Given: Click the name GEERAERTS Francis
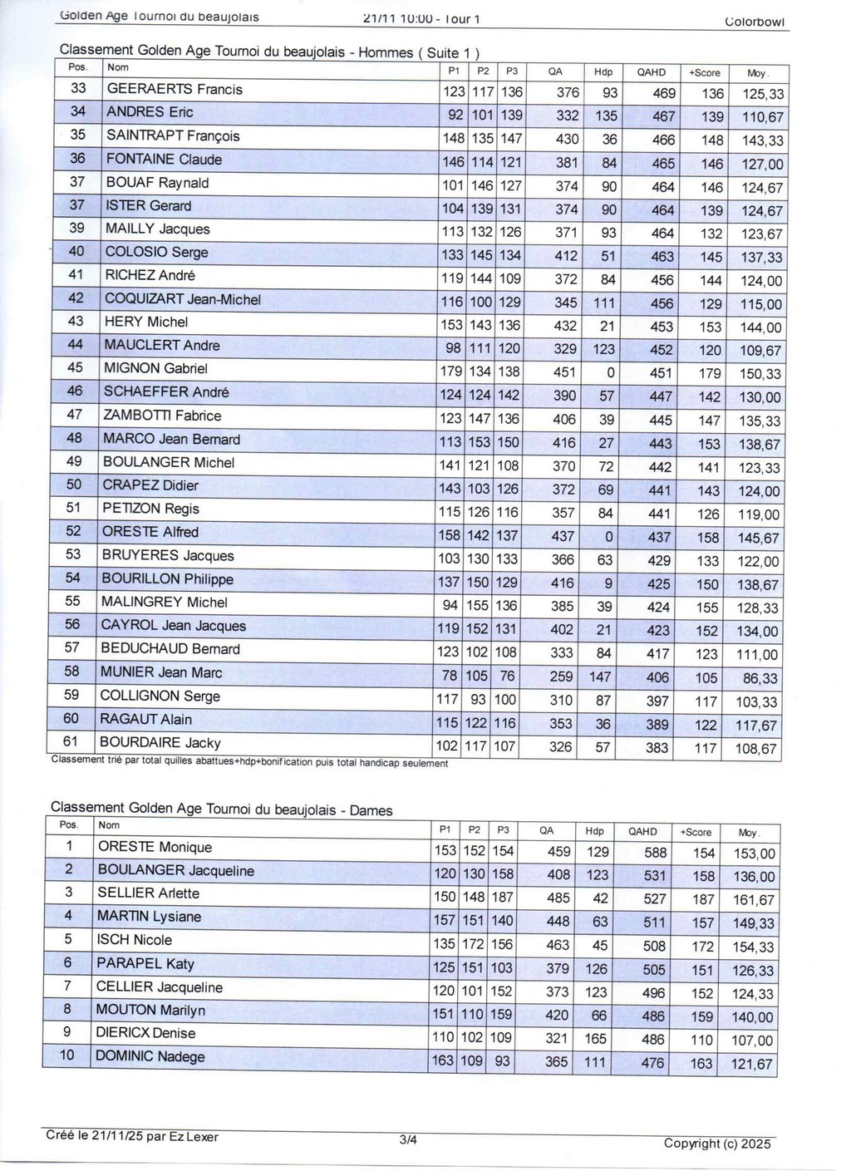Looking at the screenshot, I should (175, 89).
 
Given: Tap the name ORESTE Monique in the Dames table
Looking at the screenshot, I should (155, 847).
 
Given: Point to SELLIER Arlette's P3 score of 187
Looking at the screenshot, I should (502, 898).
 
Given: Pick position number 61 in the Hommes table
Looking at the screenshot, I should (71, 741).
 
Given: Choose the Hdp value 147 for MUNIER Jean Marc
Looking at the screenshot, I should (599, 677).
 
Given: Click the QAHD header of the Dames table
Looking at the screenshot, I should (642, 831).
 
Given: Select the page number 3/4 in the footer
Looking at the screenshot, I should (408, 1140).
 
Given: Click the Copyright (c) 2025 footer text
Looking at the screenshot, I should (717, 1143).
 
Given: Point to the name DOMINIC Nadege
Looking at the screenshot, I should (150, 1056).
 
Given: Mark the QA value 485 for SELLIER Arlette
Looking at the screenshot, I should (558, 898).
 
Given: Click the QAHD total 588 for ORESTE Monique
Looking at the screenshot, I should (655, 852).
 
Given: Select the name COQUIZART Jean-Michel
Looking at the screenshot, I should (183, 299).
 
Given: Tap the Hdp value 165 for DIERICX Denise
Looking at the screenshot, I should (595, 1038).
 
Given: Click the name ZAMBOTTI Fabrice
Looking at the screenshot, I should (162, 416).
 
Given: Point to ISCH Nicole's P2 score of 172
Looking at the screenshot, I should (473, 944).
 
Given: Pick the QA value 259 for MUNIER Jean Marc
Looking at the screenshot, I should (560, 677).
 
